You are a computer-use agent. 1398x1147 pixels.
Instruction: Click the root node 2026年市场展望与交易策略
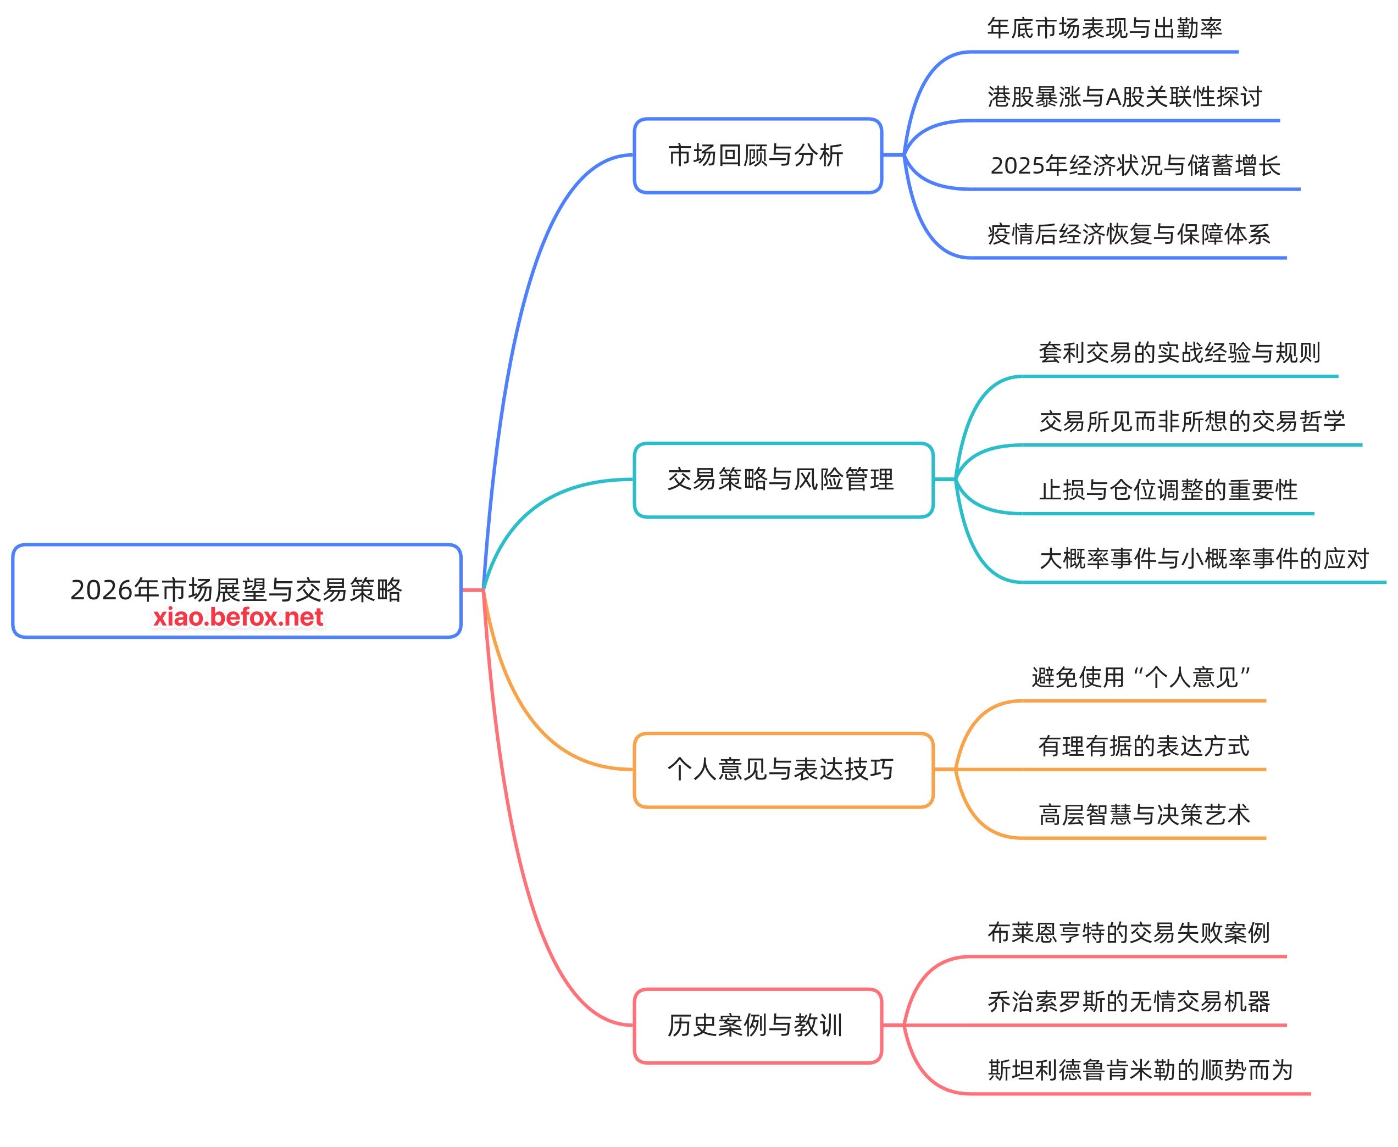tap(236, 589)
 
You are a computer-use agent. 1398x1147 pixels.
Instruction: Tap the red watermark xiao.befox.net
tap(238, 617)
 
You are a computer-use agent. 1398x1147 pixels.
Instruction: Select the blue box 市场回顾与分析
tap(757, 156)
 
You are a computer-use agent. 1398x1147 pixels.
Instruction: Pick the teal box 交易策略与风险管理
tap(783, 480)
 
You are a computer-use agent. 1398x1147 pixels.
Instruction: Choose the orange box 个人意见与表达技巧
tap(783, 770)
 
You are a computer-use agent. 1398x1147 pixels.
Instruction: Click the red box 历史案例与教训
tap(757, 1026)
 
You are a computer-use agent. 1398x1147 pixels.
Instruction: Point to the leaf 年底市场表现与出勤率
tap(1104, 29)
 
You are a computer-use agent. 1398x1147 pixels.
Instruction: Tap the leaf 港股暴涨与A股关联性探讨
tap(1124, 97)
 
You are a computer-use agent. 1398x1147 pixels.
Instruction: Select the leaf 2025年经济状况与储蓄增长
tap(1135, 166)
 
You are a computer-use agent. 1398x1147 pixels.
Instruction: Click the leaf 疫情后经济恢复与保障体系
tap(1128, 235)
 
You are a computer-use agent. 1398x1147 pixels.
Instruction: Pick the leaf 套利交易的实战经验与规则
tap(1179, 353)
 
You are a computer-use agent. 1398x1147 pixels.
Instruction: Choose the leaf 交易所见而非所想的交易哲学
tap(1192, 421)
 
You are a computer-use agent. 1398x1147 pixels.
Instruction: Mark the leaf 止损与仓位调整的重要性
tap(1168, 490)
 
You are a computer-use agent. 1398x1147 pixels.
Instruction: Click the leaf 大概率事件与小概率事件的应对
tap(1203, 559)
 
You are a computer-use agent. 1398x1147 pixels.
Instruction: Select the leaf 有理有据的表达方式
tap(1144, 746)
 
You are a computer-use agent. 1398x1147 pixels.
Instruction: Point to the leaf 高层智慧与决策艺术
tap(1144, 815)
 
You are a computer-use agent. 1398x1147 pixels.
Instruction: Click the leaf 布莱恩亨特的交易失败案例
tap(1128, 933)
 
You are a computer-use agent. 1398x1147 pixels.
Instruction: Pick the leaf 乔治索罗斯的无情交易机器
tap(1128, 1001)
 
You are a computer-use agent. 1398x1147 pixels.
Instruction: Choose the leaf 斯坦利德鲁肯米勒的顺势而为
tap(1140, 1070)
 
